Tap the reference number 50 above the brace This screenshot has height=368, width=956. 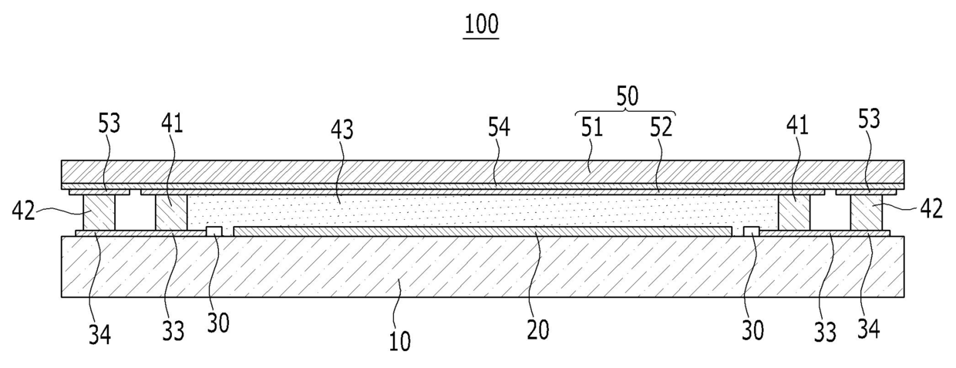click(626, 97)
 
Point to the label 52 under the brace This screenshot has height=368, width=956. click(661, 127)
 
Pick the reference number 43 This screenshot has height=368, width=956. click(342, 130)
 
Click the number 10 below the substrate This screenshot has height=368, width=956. click(399, 340)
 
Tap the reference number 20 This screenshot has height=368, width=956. click(538, 329)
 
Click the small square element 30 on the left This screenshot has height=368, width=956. click(215, 231)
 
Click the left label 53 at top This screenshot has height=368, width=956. click(110, 123)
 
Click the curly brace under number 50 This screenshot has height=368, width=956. click(626, 113)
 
